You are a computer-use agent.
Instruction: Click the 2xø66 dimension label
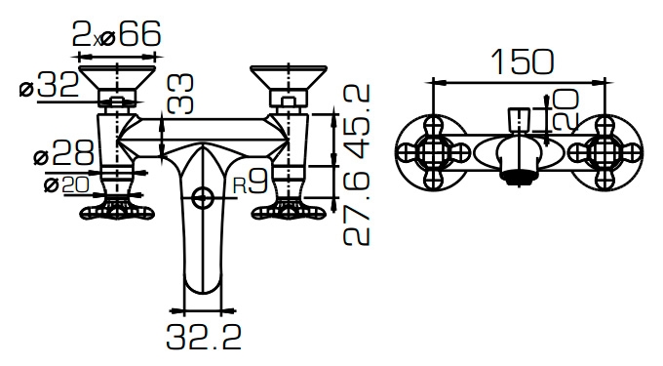(x=117, y=34)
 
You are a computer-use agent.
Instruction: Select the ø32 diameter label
(x=50, y=85)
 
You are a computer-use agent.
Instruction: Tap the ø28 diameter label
(x=63, y=152)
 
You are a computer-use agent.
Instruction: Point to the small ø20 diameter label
(x=66, y=184)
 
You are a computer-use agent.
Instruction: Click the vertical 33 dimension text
(x=180, y=94)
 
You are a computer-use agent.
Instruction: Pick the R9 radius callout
(x=251, y=183)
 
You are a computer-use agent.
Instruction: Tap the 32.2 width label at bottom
(x=204, y=337)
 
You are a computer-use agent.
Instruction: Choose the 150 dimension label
(x=523, y=61)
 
